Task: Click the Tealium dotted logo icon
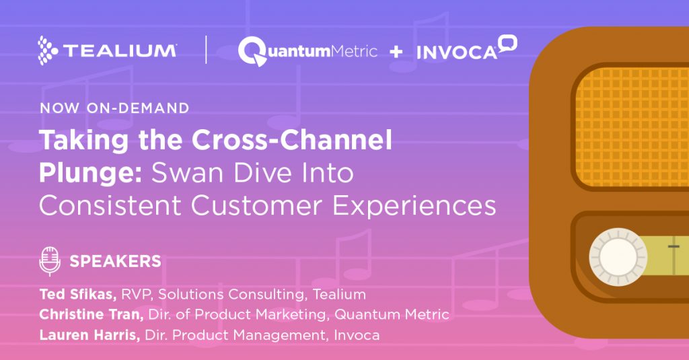[x=48, y=50]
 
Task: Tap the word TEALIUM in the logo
[x=120, y=51]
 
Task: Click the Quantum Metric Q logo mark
[x=253, y=51]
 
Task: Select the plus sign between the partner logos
[x=396, y=52]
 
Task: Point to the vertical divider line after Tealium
[x=206, y=50]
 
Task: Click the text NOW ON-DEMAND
[x=114, y=108]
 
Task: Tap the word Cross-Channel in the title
[x=292, y=140]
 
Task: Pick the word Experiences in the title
[x=414, y=206]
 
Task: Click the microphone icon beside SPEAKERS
[x=50, y=261]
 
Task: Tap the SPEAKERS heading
[x=116, y=262]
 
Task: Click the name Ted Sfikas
[x=78, y=294]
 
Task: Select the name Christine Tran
[x=92, y=314]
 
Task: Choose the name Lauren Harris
[x=89, y=335]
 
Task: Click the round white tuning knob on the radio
[x=618, y=257]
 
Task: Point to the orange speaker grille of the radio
[x=632, y=126]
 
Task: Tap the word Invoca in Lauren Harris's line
[x=357, y=335]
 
